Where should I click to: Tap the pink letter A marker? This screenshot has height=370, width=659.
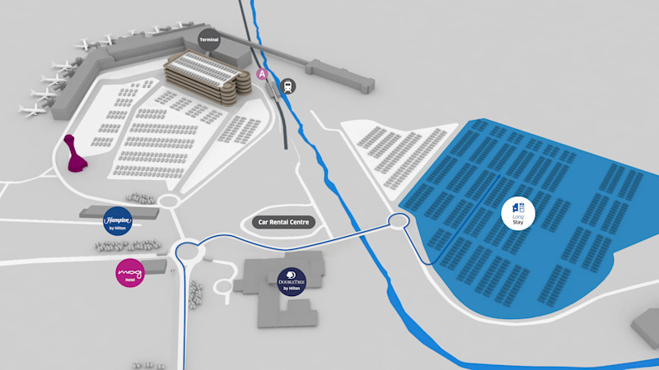tap(263, 74)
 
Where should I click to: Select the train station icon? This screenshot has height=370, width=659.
tap(289, 84)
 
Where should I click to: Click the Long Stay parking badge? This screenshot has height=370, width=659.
tap(518, 213)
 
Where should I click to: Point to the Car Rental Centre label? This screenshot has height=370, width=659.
tap(283, 222)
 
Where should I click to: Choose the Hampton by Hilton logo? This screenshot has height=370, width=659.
tap(117, 221)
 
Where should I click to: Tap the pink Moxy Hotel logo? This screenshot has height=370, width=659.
tap(130, 272)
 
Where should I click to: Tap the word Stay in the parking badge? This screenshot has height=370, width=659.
tap(518, 222)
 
